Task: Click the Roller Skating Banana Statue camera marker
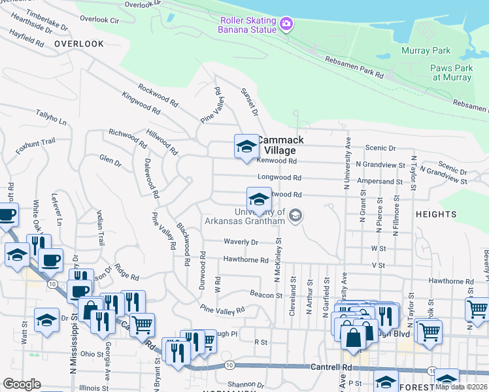click(x=285, y=25)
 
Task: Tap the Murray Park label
click(x=430, y=50)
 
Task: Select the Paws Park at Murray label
click(x=451, y=73)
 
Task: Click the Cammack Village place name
click(x=280, y=145)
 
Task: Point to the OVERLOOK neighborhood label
click(x=79, y=44)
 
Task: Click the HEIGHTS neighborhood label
click(x=435, y=214)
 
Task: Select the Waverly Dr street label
click(x=241, y=242)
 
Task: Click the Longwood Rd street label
click(x=279, y=177)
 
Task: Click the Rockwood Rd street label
click(x=158, y=95)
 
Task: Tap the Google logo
click(x=22, y=384)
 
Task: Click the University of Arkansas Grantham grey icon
click(x=295, y=215)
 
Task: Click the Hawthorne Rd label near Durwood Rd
click(x=246, y=260)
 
